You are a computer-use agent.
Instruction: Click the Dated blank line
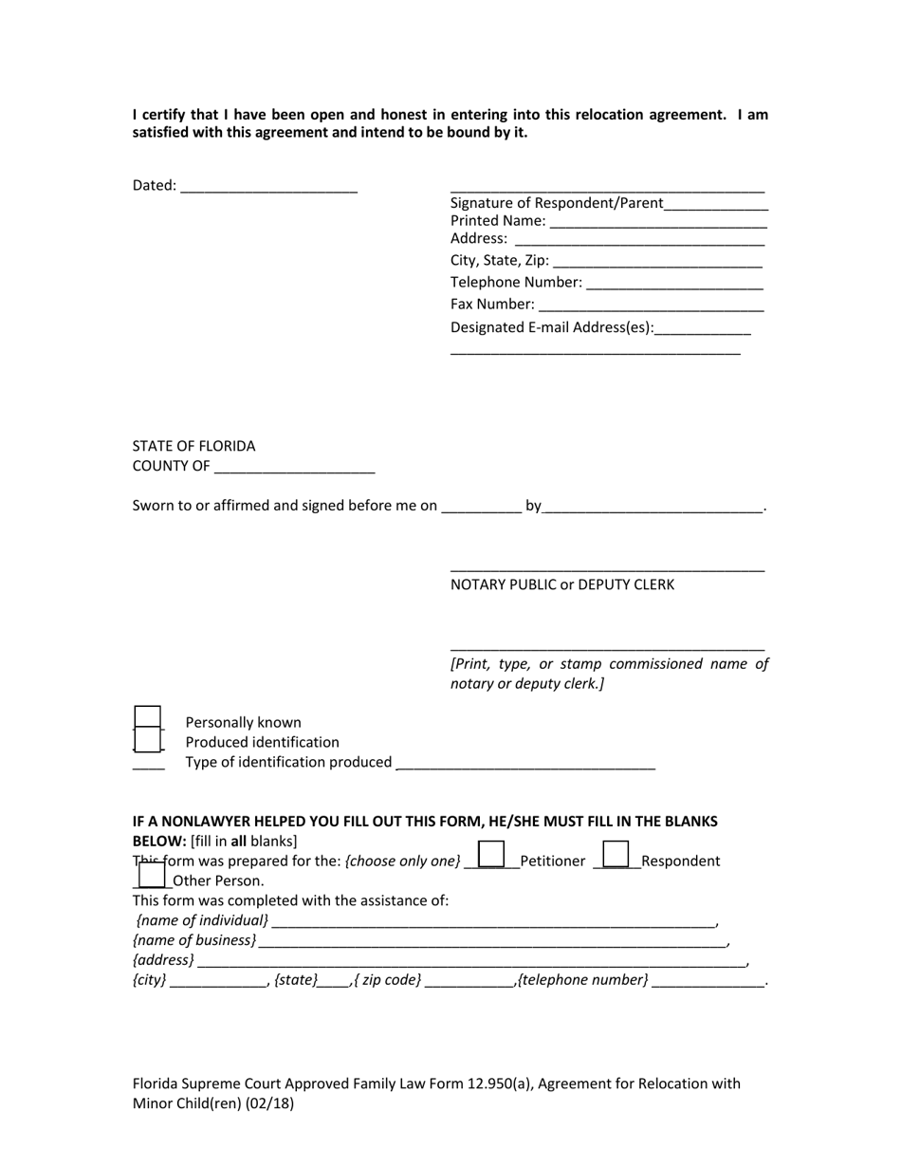pyautogui.click(x=267, y=187)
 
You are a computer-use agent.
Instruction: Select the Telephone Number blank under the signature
pyautogui.click(x=674, y=284)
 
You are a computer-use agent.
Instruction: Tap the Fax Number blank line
pyautogui.click(x=650, y=306)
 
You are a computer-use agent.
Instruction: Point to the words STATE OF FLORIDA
pyautogui.click(x=193, y=446)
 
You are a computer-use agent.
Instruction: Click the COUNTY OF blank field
pyautogui.click(x=294, y=468)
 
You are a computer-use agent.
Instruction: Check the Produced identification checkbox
pyautogui.click(x=147, y=740)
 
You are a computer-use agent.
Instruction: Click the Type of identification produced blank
pyautogui.click(x=524, y=764)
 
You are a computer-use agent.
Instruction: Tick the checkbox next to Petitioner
pyautogui.click(x=490, y=855)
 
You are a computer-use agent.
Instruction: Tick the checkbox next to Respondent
pyautogui.click(x=616, y=855)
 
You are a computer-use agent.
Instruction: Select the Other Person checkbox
pyautogui.click(x=152, y=875)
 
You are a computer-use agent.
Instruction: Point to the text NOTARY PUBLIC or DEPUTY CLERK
pyautogui.click(x=562, y=585)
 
